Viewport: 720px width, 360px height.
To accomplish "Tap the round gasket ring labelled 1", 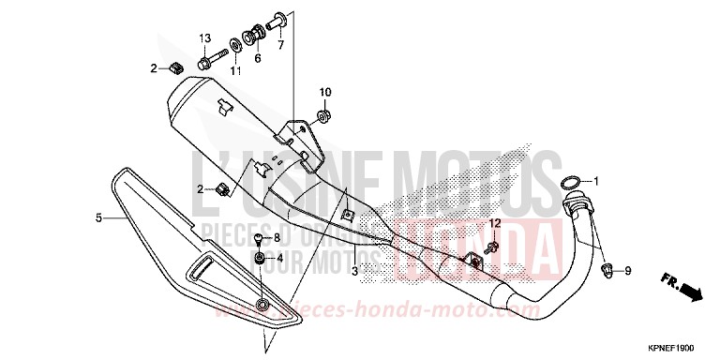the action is pyautogui.click(x=572, y=181).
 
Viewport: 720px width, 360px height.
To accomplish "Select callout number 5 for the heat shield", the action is pyautogui.click(x=97, y=218).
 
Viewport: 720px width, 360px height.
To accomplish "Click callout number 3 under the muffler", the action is pyautogui.click(x=354, y=271).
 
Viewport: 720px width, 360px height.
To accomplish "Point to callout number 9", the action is pyautogui.click(x=627, y=271).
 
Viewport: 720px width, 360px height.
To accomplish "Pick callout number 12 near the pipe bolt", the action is pyautogui.click(x=496, y=222).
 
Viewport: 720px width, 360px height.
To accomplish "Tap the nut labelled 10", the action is pyautogui.click(x=322, y=117).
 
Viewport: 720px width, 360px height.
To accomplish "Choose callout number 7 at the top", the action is pyautogui.click(x=279, y=45).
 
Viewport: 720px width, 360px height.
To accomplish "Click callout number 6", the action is pyautogui.click(x=257, y=57).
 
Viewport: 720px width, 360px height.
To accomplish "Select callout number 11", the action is pyautogui.click(x=235, y=70).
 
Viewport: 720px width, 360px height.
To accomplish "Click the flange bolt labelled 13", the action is pyautogui.click(x=203, y=64).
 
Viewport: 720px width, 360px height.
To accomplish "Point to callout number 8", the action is pyautogui.click(x=277, y=239).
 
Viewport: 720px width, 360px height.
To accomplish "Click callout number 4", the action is pyautogui.click(x=277, y=257).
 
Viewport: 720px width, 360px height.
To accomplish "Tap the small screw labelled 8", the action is pyautogui.click(x=258, y=240).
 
